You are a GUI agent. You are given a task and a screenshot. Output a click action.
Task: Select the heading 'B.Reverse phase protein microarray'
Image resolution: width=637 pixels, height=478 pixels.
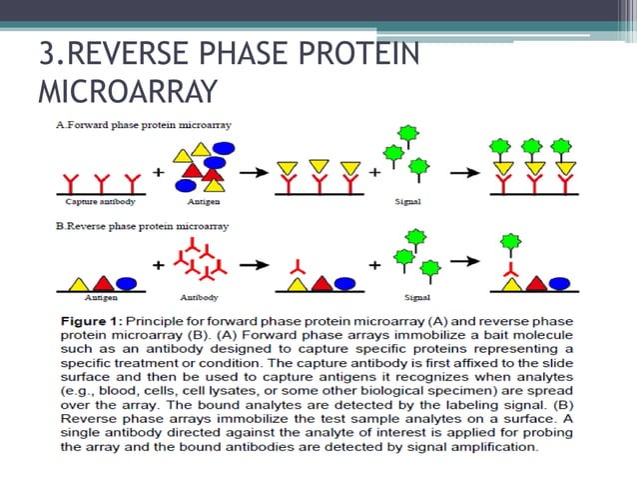click(x=141, y=226)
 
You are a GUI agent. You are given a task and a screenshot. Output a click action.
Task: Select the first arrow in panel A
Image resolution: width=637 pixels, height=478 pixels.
click(x=255, y=171)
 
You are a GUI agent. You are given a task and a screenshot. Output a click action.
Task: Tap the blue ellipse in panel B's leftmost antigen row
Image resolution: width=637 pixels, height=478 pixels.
click(x=126, y=282)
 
